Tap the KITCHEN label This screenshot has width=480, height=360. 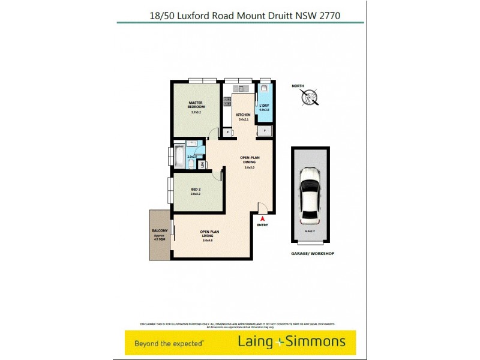[x=243, y=115]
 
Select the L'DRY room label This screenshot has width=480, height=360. [x=265, y=106]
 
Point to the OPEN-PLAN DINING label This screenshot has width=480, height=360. [x=249, y=160]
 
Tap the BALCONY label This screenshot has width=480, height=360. [x=159, y=230]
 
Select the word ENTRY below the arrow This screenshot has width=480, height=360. [x=262, y=225]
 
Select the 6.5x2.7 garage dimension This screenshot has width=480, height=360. [x=310, y=231]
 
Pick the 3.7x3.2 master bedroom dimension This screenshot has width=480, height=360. [x=196, y=112]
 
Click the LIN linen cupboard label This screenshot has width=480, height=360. [x=203, y=164]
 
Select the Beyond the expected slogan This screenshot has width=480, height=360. [x=170, y=343]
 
